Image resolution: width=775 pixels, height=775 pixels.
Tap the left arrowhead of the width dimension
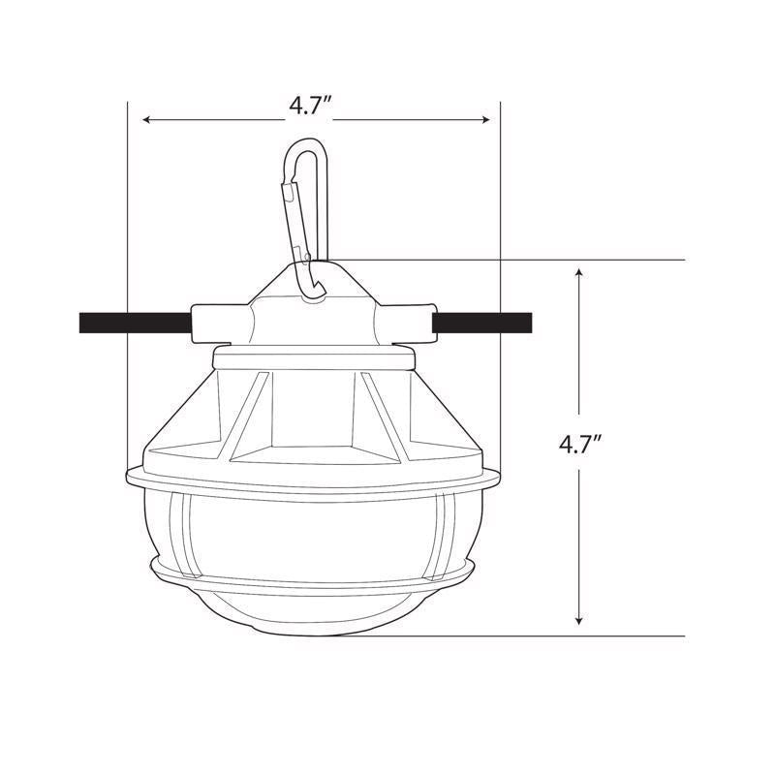click(147, 120)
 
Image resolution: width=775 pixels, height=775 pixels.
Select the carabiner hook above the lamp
click(307, 208)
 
